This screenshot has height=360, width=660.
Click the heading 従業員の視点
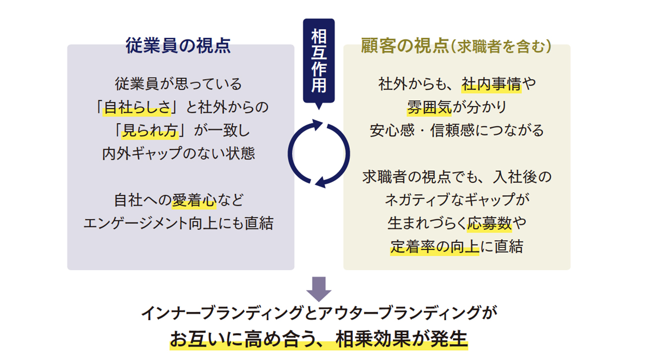pyautogui.click(x=178, y=46)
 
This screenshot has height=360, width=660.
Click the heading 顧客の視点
pyautogui.click(x=405, y=46)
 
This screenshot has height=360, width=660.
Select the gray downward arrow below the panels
pyautogui.click(x=319, y=289)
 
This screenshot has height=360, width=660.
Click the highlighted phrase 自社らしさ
pyautogui.click(x=137, y=107)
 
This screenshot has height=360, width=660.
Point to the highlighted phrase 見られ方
pyautogui.click(x=150, y=130)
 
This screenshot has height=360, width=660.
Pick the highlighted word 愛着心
pyautogui.click(x=194, y=200)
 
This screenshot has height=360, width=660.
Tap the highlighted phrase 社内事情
pyautogui.click(x=491, y=84)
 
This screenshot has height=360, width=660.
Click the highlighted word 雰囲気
pyautogui.click(x=429, y=107)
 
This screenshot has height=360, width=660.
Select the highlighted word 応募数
pyautogui.click(x=489, y=223)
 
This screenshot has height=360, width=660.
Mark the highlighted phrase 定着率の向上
pyautogui.click(x=435, y=246)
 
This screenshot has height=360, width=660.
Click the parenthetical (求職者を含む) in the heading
pyautogui.click(x=501, y=46)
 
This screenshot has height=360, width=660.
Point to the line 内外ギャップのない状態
pyautogui.click(x=179, y=153)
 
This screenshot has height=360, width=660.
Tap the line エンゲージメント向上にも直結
pyautogui.click(x=179, y=223)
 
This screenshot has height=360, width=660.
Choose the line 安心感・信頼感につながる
pyautogui.click(x=457, y=130)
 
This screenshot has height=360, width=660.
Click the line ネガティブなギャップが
pyautogui.click(x=457, y=200)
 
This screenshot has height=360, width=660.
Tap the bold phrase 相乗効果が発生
pyautogui.click(x=401, y=339)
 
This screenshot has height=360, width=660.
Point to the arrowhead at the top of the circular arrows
pyautogui.click(x=318, y=125)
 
